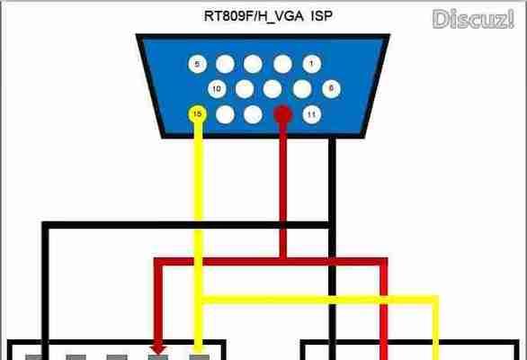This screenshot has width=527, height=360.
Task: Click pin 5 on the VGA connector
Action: [197, 64]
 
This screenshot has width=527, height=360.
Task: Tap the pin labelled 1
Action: [311, 64]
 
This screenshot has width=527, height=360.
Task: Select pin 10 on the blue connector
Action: [217, 89]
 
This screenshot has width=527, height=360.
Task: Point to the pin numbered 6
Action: [331, 89]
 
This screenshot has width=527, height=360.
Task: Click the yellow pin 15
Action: [198, 114]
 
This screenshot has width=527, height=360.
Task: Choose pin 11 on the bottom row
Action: [311, 114]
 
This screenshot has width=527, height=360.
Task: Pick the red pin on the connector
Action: [282, 114]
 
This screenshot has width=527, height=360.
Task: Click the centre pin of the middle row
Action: [272, 89]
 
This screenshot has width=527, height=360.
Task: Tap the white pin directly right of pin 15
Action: [225, 114]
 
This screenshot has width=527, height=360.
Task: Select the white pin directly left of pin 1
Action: [282, 64]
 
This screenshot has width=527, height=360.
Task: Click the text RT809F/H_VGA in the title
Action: [254, 16]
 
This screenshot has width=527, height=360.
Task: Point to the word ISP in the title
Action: [322, 15]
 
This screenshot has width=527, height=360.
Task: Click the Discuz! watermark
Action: [474, 19]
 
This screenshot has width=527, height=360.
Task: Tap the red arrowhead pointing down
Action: [158, 348]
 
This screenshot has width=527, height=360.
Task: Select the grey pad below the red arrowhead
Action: [158, 357]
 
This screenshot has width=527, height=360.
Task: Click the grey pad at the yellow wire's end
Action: [200, 357]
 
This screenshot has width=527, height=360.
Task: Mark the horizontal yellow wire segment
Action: [317, 300]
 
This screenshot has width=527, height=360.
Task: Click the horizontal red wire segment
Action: [271, 261]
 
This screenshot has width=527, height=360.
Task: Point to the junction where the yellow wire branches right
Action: [199, 300]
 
